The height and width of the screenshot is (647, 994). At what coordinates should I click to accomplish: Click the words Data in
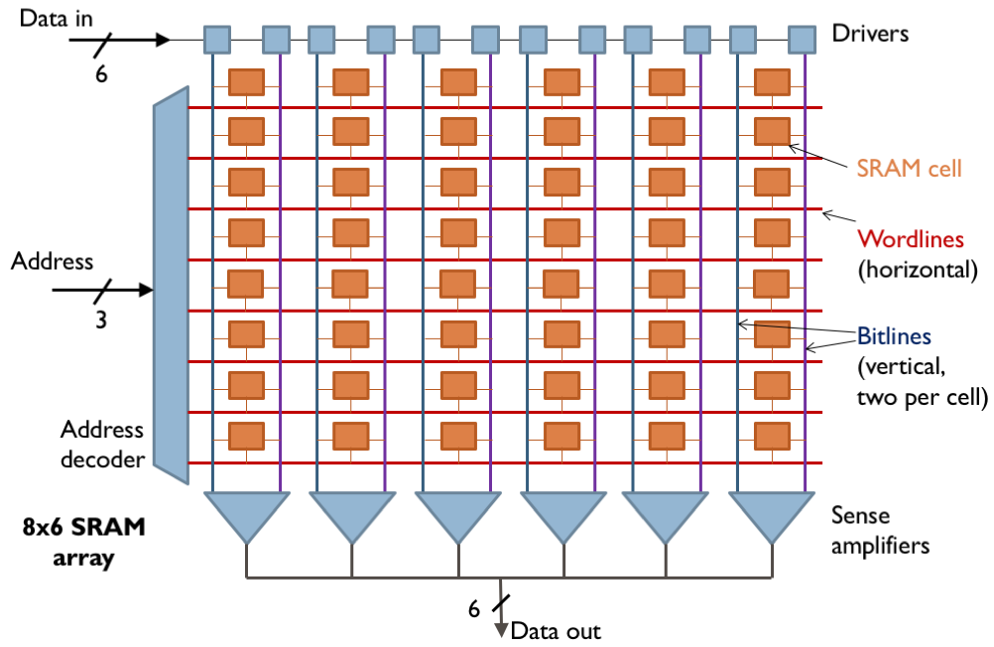point(57,17)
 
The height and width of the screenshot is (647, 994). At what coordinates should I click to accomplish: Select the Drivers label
point(870,34)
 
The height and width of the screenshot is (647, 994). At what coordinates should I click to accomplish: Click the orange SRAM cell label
point(910,168)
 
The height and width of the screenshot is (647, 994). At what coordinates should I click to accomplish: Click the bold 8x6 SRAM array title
point(83,542)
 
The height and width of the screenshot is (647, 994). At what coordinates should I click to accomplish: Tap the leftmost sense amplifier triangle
point(246,514)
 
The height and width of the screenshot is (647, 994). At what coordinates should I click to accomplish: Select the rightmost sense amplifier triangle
point(771,514)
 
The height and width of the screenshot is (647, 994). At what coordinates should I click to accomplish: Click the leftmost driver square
point(217,40)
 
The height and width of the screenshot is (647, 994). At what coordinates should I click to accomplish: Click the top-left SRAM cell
point(246,81)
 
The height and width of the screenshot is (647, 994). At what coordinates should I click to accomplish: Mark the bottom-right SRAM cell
point(771,436)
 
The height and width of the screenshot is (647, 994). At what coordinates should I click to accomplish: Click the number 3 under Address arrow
point(101,322)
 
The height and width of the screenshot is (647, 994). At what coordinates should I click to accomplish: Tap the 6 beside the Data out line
point(473,606)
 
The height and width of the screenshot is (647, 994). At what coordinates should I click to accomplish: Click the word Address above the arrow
point(52,262)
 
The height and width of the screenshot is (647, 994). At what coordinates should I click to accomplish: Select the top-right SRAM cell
point(771,81)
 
